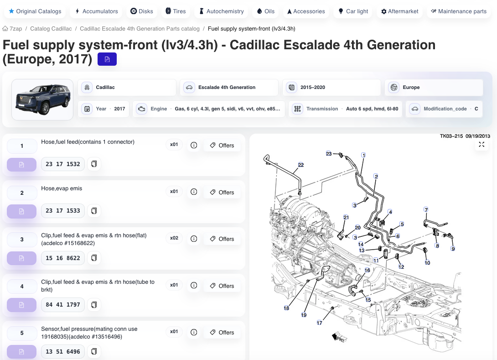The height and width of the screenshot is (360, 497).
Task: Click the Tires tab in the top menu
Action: (176, 11)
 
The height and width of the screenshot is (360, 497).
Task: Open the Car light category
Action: (353, 11)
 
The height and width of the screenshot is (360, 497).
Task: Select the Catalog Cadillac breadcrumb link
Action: (51, 29)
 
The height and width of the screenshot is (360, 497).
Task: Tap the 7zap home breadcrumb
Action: (12, 29)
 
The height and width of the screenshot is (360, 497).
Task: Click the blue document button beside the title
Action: (107, 59)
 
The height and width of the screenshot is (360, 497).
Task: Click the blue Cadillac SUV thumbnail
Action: (42, 99)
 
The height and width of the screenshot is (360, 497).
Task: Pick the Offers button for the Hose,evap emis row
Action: (222, 192)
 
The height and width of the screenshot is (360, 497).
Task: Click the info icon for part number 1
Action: (194, 145)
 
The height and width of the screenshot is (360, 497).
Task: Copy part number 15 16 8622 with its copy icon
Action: (94, 258)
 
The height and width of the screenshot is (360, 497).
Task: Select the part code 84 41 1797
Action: (63, 304)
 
